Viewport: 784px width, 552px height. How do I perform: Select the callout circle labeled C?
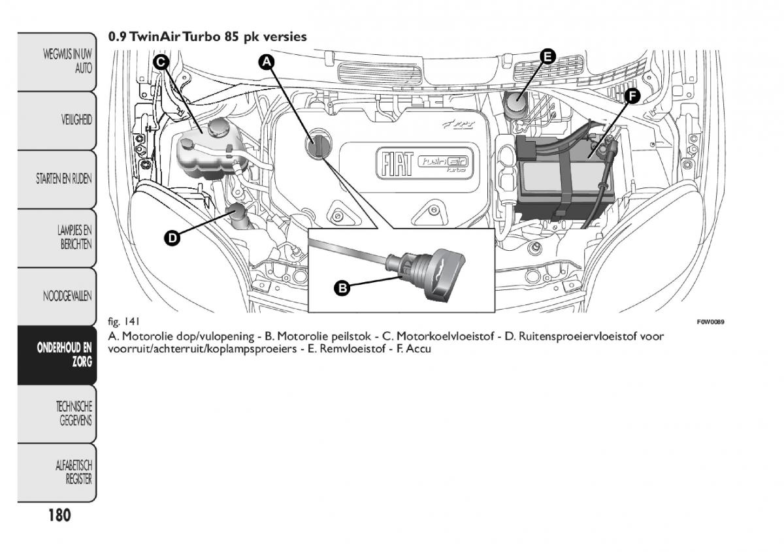pyautogui.click(x=161, y=62)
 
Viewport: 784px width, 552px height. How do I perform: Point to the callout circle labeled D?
pyautogui.click(x=171, y=238)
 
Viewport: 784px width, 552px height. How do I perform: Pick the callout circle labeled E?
pyautogui.click(x=547, y=56)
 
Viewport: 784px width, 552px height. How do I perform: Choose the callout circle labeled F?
pyautogui.click(x=630, y=96)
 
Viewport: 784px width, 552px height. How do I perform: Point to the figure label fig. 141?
pyautogui.click(x=124, y=322)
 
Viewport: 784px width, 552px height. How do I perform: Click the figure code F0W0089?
pyautogui.click(x=711, y=322)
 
